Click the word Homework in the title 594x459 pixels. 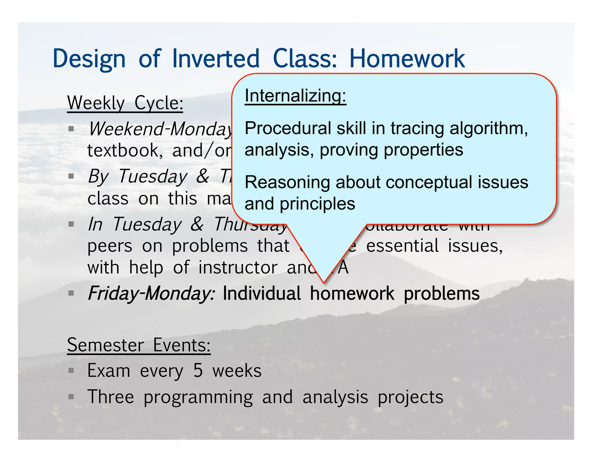(x=407, y=59)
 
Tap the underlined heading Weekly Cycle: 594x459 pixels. (x=125, y=103)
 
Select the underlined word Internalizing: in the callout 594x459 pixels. (x=295, y=96)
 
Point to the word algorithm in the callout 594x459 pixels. (x=488, y=128)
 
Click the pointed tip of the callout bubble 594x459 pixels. (x=324, y=282)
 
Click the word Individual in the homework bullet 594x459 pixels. (x=262, y=294)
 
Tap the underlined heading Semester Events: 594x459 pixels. (x=139, y=345)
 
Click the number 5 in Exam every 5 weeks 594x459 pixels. (x=198, y=371)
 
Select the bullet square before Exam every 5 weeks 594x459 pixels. (x=71, y=371)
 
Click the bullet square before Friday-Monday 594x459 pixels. (x=71, y=293)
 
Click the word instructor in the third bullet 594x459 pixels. (x=238, y=268)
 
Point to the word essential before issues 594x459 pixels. (x=402, y=246)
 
